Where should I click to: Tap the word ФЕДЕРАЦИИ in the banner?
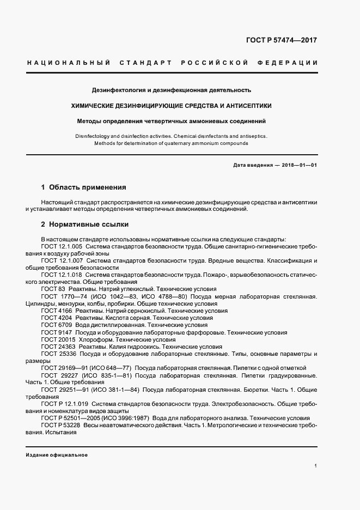coord(291,63)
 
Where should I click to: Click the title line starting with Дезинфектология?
coord(171,90)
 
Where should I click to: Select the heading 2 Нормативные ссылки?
coord(84,224)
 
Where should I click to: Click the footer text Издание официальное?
coord(57,455)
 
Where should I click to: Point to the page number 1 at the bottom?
coord(315,466)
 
